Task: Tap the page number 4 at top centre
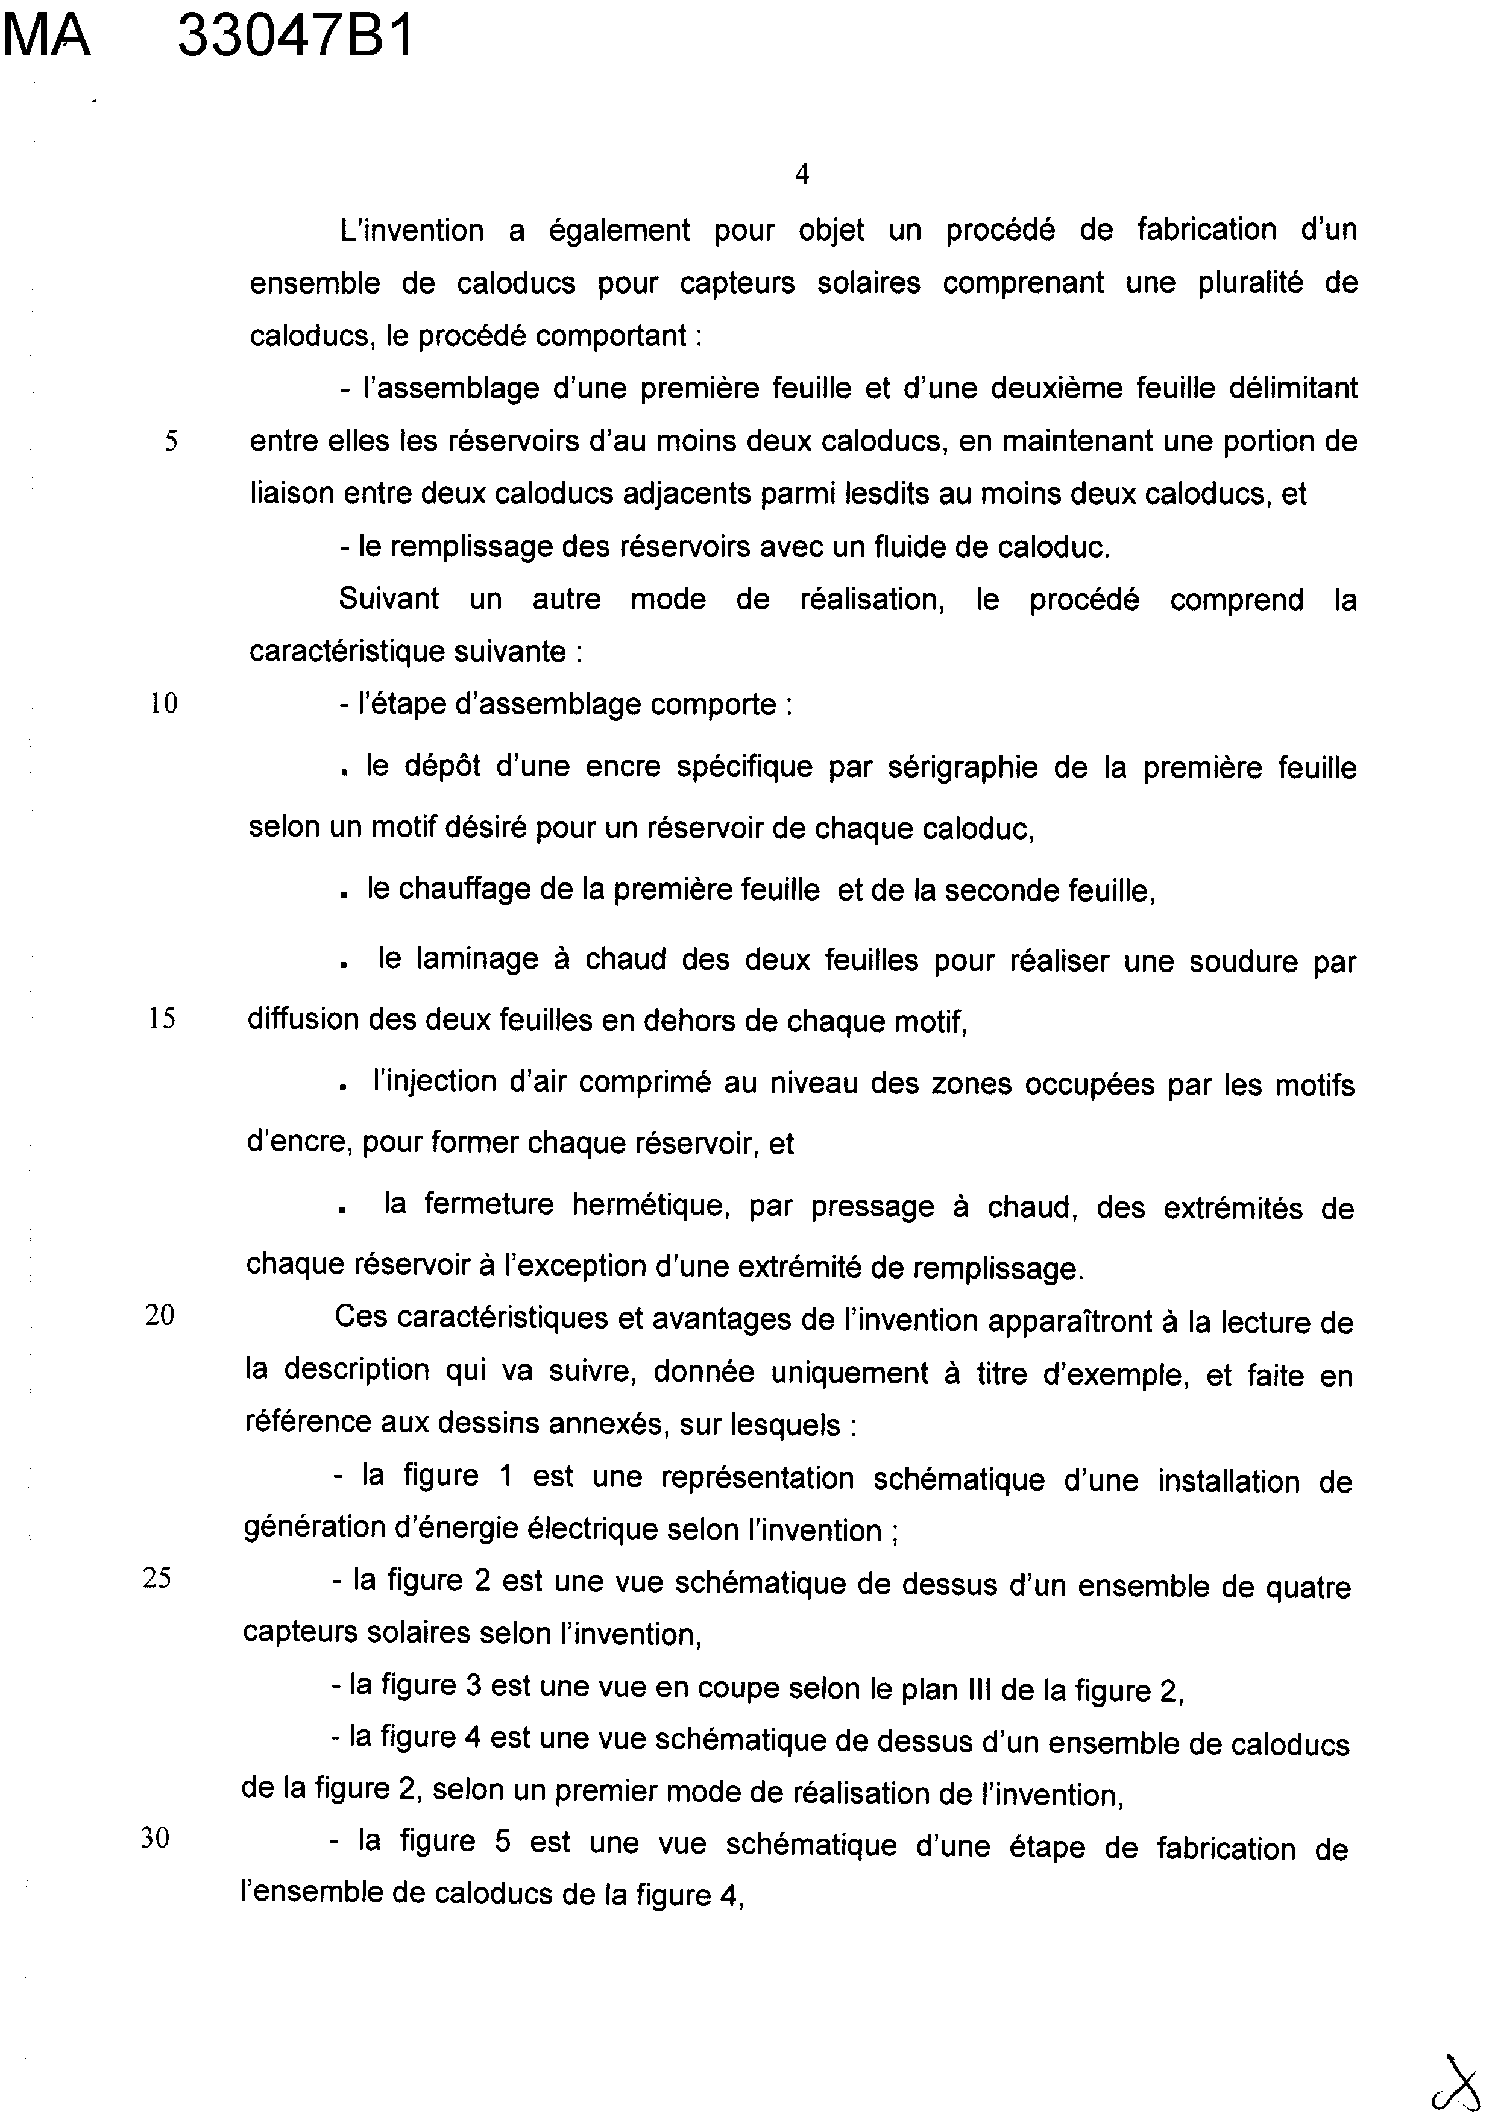pos(801,174)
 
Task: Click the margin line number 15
pos(162,1019)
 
